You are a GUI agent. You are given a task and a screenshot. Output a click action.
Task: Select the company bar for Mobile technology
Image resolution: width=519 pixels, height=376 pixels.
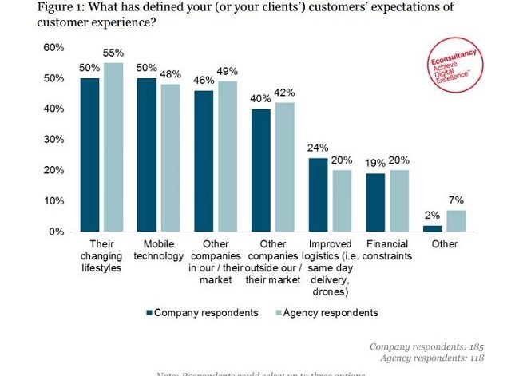tap(146, 155)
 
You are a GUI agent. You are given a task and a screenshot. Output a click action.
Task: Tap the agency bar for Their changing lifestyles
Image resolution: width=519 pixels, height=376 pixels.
tap(113, 147)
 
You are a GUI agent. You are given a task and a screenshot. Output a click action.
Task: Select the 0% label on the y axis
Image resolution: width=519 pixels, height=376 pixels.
tap(56, 232)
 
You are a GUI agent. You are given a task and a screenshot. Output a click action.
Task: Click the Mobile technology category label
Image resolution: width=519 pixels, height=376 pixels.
tap(157, 249)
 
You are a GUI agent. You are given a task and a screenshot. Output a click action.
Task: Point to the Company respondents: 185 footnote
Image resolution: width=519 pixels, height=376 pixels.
tap(427, 346)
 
